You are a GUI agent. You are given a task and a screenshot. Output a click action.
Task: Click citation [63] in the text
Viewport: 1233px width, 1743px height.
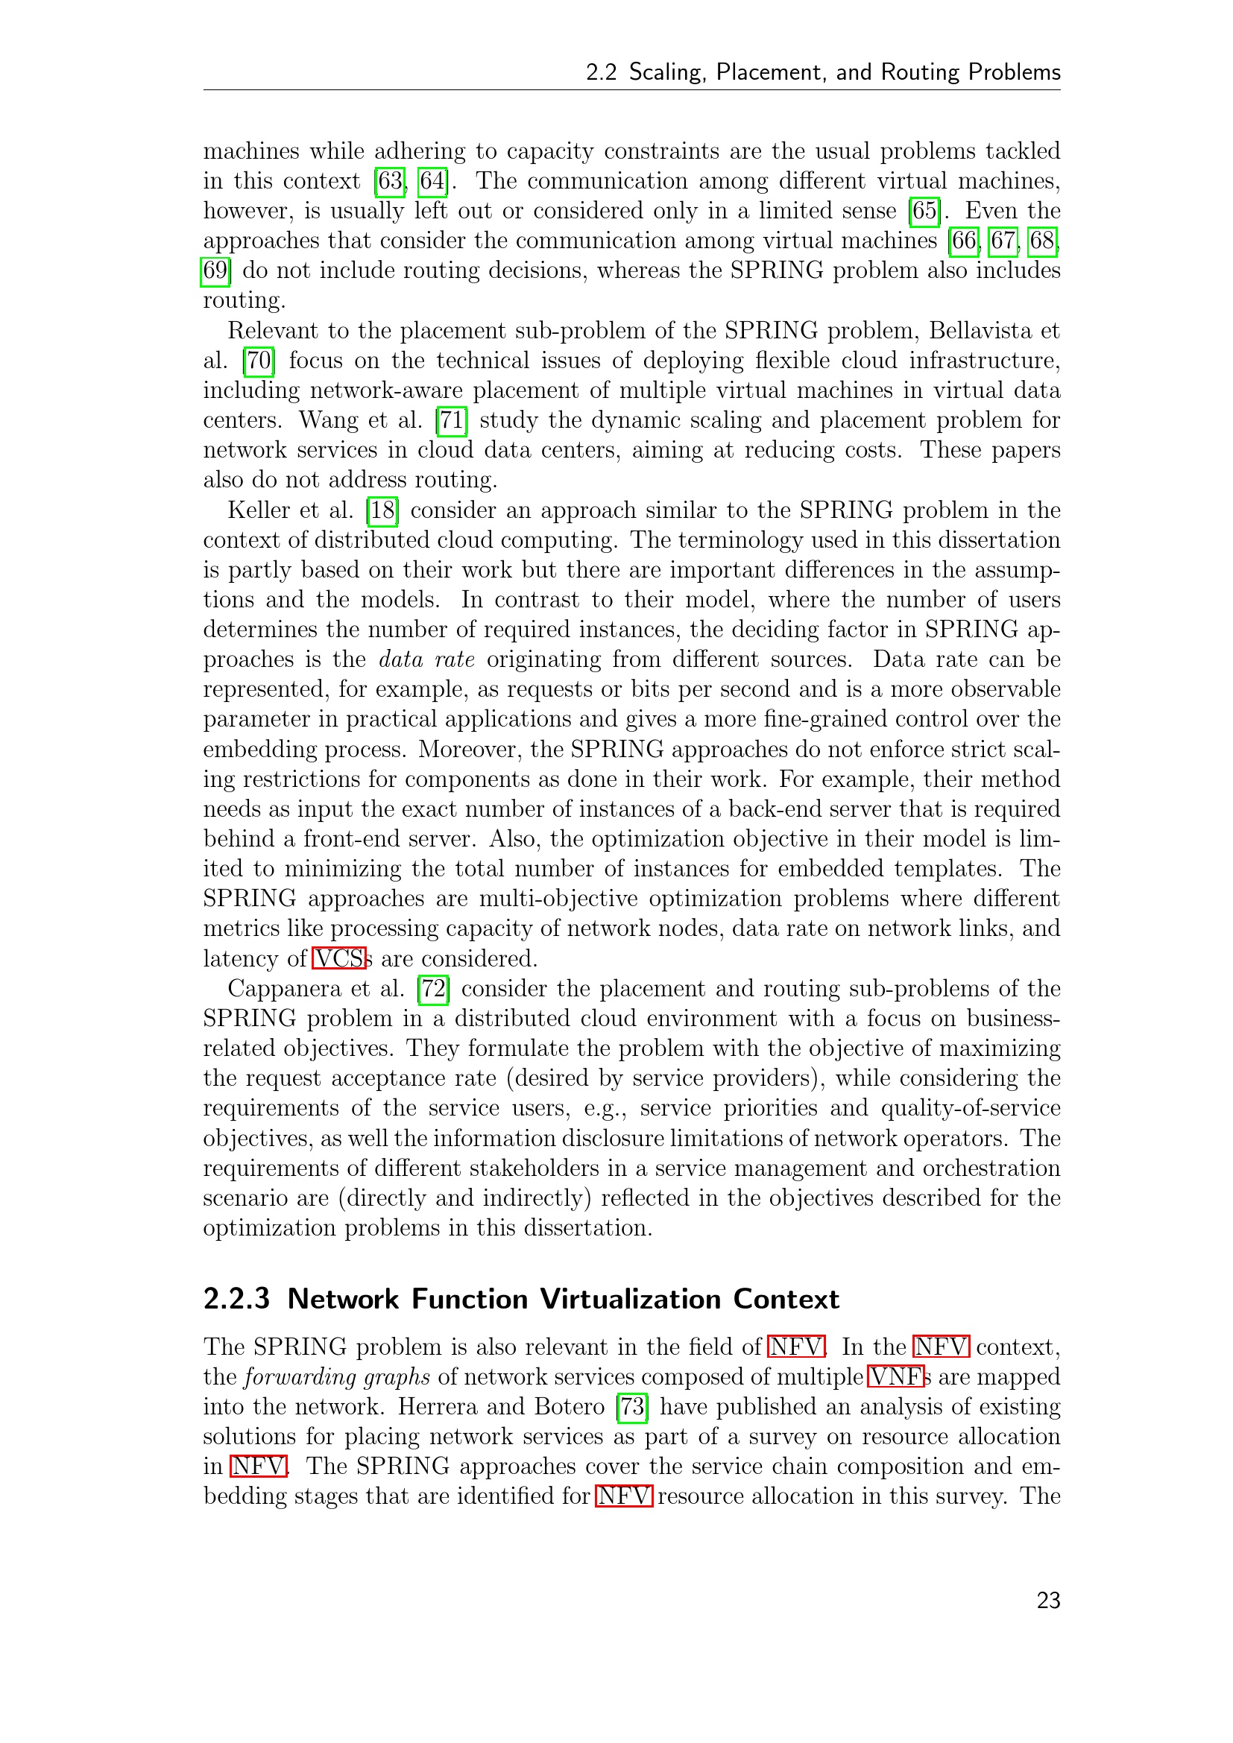pos(389,181)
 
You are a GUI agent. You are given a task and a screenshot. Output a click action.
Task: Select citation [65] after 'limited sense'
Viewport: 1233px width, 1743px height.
pos(924,211)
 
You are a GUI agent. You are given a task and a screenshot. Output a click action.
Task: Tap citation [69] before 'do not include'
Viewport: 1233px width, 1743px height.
pos(215,271)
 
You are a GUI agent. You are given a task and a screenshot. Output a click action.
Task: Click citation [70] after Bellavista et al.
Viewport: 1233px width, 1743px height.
pos(258,361)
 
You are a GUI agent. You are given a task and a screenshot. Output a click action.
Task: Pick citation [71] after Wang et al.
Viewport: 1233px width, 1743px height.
pos(452,420)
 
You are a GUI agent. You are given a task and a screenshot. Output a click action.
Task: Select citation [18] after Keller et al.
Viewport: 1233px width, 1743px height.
pos(382,511)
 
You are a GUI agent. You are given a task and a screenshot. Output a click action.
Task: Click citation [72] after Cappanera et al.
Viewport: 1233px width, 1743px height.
pos(434,989)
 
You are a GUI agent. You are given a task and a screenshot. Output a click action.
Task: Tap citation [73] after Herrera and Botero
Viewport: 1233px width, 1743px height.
pos(632,1408)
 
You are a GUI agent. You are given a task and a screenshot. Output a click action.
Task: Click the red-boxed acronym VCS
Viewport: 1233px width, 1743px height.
pos(339,959)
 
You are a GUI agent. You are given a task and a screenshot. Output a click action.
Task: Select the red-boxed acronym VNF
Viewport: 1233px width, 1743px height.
pos(896,1377)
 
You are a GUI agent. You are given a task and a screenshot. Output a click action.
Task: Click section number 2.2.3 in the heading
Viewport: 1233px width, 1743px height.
pos(236,1300)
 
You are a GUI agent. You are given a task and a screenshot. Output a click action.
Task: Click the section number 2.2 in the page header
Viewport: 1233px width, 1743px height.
pos(601,72)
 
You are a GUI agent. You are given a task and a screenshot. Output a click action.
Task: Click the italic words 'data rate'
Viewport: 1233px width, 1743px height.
pos(426,659)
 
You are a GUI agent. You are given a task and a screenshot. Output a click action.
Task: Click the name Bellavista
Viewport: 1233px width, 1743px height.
pos(979,331)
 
